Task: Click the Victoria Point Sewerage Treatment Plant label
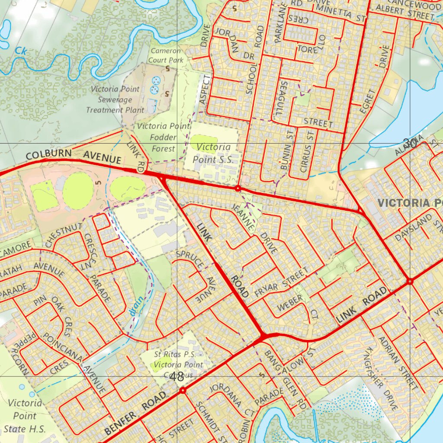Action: click(115, 100)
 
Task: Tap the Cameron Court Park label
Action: click(166, 55)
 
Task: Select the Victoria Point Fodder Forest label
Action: click(163, 138)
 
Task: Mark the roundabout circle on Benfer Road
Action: click(183, 390)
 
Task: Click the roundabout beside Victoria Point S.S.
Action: click(238, 189)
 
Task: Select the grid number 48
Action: click(177, 376)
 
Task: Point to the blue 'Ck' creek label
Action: click(20, 51)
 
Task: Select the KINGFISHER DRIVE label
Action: click(381, 379)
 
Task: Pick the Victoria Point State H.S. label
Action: click(25, 416)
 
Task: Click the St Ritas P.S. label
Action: click(178, 364)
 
